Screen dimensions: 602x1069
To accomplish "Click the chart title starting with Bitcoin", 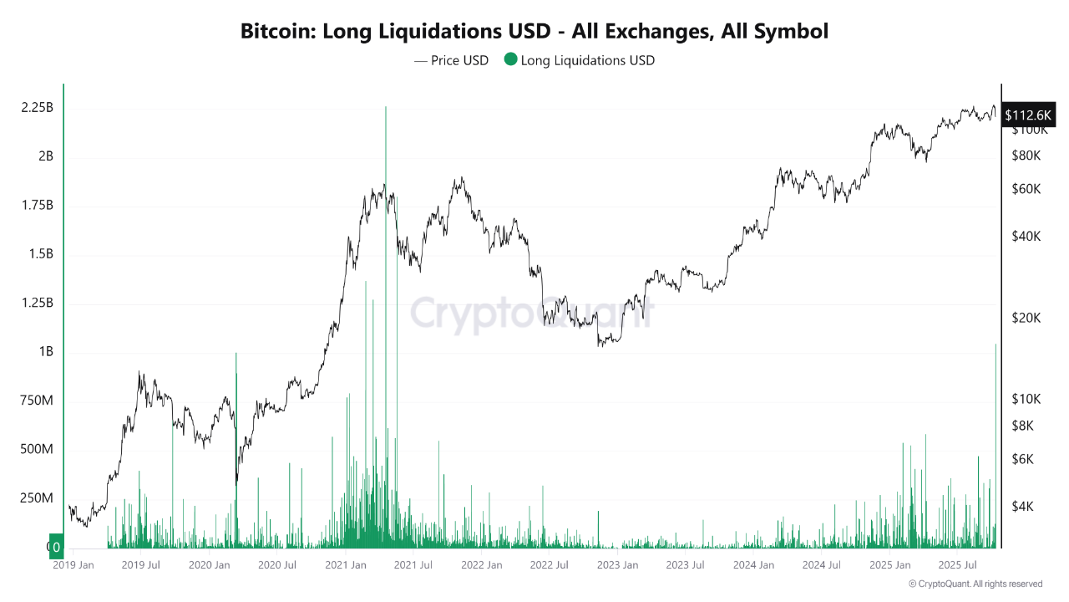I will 534,32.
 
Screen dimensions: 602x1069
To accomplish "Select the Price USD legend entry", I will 451,61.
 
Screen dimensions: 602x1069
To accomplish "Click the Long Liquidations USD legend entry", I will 580,61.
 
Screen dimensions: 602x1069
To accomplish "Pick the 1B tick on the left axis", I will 45,352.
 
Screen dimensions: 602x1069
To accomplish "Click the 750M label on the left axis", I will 36,401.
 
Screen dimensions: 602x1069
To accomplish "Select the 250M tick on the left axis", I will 36,498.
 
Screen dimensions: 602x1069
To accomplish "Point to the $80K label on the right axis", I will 1026,156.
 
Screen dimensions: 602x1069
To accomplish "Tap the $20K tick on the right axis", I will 1026,318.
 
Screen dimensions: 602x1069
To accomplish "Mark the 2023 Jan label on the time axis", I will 617,565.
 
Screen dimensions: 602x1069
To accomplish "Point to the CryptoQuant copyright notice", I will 975,584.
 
